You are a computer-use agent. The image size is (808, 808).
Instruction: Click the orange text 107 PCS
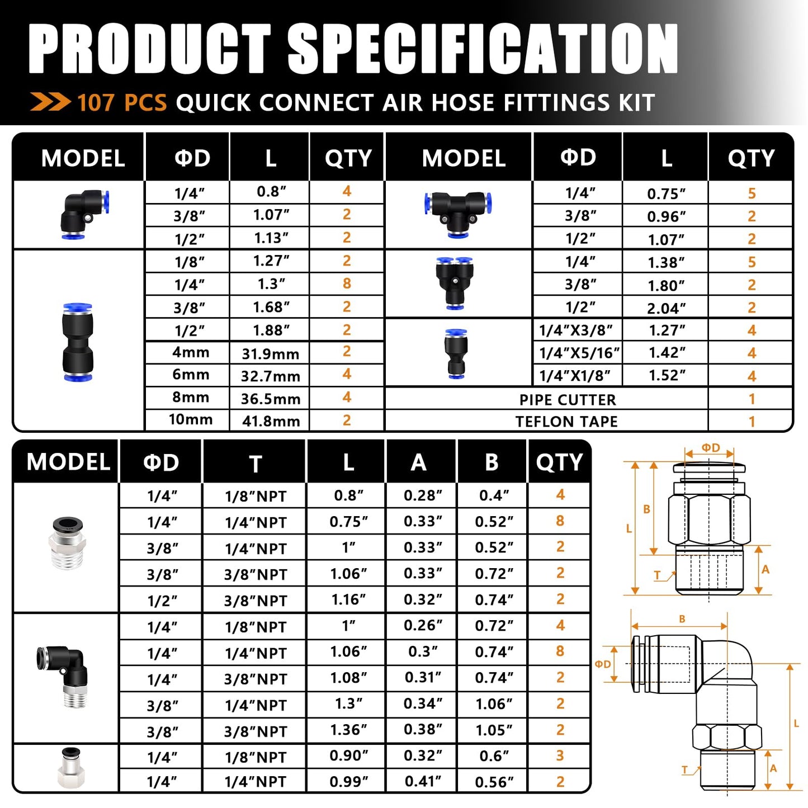point(122,103)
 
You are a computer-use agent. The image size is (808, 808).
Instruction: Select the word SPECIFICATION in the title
point(483,49)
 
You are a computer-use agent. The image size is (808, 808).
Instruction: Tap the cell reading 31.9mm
point(271,353)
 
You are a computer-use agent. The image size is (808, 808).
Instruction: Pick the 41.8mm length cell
point(271,420)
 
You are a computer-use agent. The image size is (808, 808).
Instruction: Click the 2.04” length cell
point(666,308)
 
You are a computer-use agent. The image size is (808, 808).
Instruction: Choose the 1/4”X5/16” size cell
point(579,353)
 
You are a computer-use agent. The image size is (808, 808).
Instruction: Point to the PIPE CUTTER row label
point(567,399)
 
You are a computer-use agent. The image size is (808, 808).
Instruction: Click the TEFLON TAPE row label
point(566,422)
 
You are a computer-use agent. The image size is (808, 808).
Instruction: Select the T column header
point(255,464)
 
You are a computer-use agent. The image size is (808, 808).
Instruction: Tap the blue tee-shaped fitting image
point(457,214)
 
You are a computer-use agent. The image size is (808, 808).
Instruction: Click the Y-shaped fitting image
point(455,282)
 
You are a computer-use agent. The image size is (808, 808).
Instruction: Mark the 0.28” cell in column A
point(423,495)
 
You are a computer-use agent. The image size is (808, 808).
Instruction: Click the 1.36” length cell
point(348,730)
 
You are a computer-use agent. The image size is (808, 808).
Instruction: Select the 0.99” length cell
point(348,781)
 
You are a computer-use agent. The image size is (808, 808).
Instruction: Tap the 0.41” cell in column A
point(423,781)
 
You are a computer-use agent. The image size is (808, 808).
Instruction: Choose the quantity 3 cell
point(560,755)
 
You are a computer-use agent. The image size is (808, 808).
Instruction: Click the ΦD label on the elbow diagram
point(603,664)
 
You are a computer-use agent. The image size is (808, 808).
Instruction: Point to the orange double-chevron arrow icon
point(50,102)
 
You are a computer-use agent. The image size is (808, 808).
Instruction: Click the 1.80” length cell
point(666,286)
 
